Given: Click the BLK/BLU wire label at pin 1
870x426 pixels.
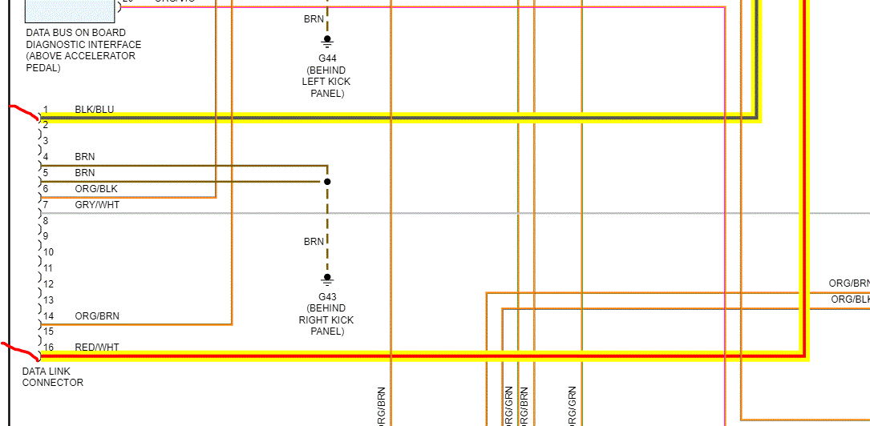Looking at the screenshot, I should click(x=94, y=109).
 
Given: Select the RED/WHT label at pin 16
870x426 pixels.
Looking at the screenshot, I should click(x=96, y=348).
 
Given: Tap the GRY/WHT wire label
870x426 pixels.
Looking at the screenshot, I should click(x=97, y=205).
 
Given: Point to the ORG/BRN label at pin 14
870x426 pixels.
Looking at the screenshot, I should click(x=96, y=316).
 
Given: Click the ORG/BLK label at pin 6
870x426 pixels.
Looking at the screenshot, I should click(x=95, y=189).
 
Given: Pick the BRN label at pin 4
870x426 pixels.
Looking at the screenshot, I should click(x=84, y=157).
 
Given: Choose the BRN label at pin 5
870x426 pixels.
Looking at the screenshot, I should click(x=84, y=173).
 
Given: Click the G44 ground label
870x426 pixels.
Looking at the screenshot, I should click(x=326, y=58).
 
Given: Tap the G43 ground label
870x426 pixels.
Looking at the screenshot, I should click(x=326, y=296).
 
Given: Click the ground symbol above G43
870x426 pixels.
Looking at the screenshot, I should click(x=327, y=279).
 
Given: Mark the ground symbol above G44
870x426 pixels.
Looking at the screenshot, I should click(x=327, y=40).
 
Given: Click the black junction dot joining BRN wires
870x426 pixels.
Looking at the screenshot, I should click(x=327, y=182).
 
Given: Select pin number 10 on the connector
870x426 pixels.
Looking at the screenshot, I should click(x=48, y=252).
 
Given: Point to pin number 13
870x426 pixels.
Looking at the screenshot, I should click(x=48, y=300).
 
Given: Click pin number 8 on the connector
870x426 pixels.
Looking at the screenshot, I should click(x=46, y=220).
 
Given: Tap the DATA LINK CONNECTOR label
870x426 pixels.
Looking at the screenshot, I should click(x=53, y=377).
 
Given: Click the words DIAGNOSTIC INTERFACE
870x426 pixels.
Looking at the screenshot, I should click(x=83, y=45).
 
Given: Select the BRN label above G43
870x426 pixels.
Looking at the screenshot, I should click(x=314, y=241).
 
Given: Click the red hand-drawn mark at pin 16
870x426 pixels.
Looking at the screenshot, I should click(x=20, y=350).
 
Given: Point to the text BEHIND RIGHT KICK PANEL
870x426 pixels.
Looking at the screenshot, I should click(x=326, y=319).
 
